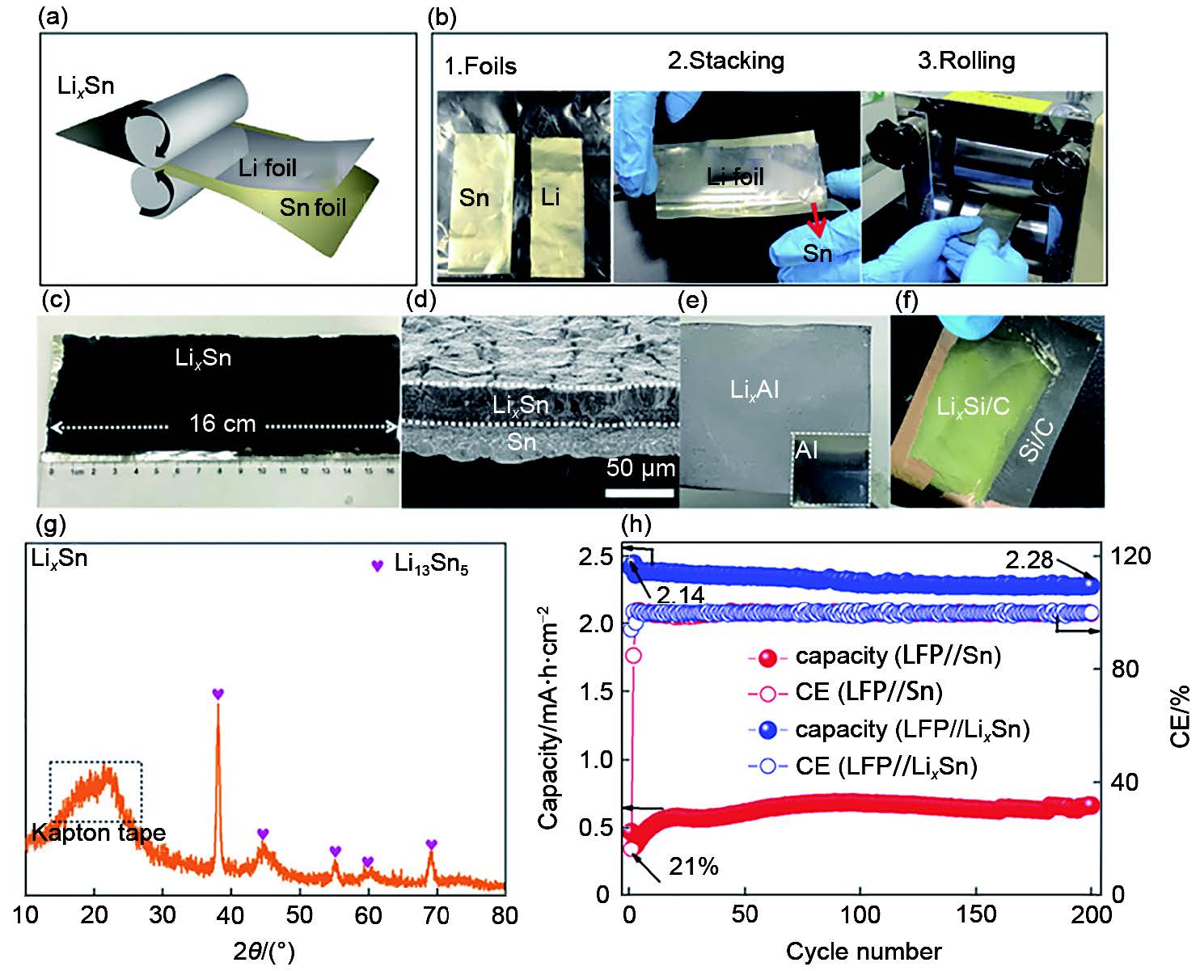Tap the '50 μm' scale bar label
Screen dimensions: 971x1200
coord(640,468)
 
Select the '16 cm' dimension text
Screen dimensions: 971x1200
coord(222,424)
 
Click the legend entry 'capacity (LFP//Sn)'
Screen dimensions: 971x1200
coord(898,656)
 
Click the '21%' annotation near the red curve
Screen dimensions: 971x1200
coord(693,868)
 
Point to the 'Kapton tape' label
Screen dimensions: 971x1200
coord(99,832)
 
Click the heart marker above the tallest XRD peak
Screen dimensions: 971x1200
coord(218,694)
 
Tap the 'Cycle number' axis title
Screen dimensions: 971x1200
coord(863,951)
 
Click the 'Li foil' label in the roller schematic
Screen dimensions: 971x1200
coord(268,168)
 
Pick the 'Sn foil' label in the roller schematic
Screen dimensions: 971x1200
coord(313,208)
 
